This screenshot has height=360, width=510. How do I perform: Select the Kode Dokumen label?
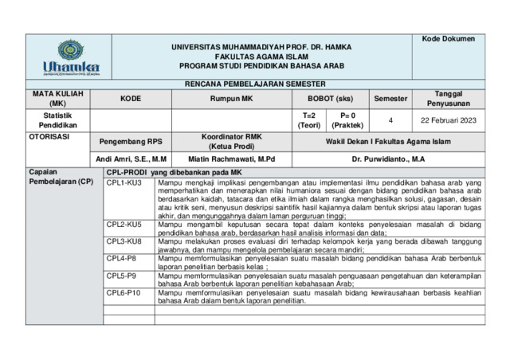pyautogui.click(x=448, y=39)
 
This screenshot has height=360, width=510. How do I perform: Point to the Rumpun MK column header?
pyautogui.click(x=230, y=99)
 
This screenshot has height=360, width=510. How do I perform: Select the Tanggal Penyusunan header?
pyautogui.click(x=448, y=99)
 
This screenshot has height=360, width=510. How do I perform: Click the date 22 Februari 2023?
pyautogui.click(x=448, y=120)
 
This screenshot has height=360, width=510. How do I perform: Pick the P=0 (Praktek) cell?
pyautogui.click(x=347, y=120)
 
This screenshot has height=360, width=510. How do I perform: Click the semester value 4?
pyautogui.click(x=390, y=120)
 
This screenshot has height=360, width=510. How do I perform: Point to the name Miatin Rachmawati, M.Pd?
pyautogui.click(x=231, y=159)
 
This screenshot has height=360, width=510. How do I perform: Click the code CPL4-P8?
pyautogui.click(x=122, y=259)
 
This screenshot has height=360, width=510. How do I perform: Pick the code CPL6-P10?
pyautogui.click(x=124, y=293)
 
